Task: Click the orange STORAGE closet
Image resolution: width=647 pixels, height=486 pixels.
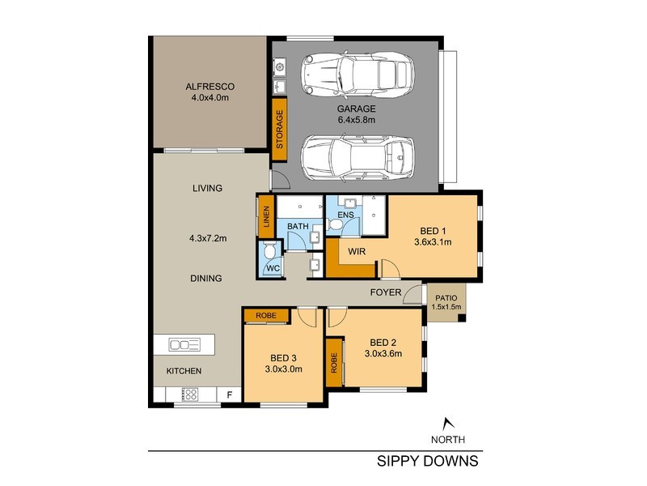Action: coord(280,130)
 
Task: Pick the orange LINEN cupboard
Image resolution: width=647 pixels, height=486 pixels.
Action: coord(265,217)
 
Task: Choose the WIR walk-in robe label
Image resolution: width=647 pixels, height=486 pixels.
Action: coord(357,252)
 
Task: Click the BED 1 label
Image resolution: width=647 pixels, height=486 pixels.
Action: coord(432,229)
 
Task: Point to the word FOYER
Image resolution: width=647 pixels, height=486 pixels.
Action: coord(386,292)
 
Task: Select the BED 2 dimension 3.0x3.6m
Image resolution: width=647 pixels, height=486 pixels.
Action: coord(383,353)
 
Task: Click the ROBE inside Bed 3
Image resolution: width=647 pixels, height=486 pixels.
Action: coord(266,316)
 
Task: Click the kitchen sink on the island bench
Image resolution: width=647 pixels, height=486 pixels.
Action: coord(184,345)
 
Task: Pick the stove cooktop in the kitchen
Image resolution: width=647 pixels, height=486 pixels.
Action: coord(189,394)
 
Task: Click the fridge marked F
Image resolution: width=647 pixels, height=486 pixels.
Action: coord(230,395)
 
